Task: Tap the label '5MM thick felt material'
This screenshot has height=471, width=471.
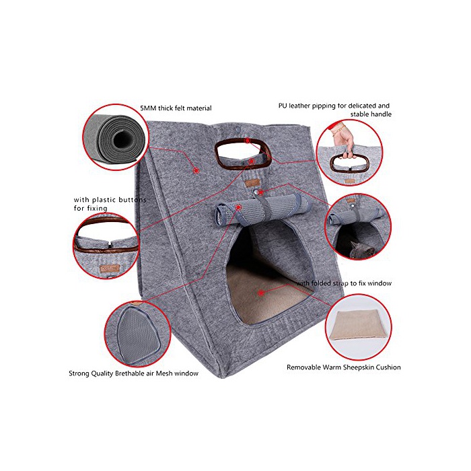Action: point(176,108)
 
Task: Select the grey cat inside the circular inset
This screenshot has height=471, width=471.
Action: point(362,250)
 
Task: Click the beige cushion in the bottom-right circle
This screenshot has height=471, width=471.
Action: point(359,326)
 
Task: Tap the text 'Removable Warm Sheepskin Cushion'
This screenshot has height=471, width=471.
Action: point(344,367)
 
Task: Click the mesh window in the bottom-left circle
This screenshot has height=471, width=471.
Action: point(139,333)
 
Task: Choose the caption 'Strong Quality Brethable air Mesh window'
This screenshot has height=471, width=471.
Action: point(134,373)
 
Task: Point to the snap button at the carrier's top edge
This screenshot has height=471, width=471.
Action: point(238,131)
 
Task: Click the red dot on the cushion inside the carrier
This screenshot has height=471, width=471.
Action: point(261,292)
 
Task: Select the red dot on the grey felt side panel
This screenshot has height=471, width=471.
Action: point(196,171)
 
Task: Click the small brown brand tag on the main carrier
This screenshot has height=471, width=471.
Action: point(252,182)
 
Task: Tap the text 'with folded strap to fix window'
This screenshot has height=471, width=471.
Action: point(344,283)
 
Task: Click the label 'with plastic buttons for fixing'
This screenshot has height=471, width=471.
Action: point(110,204)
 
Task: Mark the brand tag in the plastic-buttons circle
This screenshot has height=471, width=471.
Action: point(110,268)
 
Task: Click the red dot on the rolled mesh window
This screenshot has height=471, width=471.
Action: point(238,207)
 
